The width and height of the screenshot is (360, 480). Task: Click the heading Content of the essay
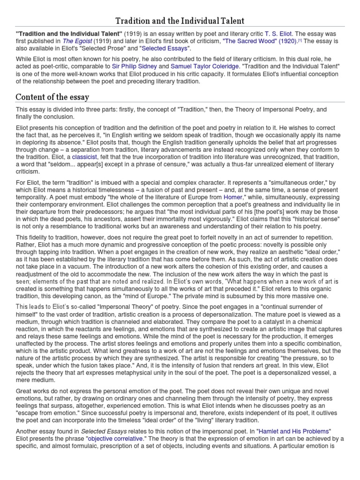(x=52, y=97)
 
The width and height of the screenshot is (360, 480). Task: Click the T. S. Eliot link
(x=278, y=34)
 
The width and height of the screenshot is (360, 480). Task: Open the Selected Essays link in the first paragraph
(x=164, y=48)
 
